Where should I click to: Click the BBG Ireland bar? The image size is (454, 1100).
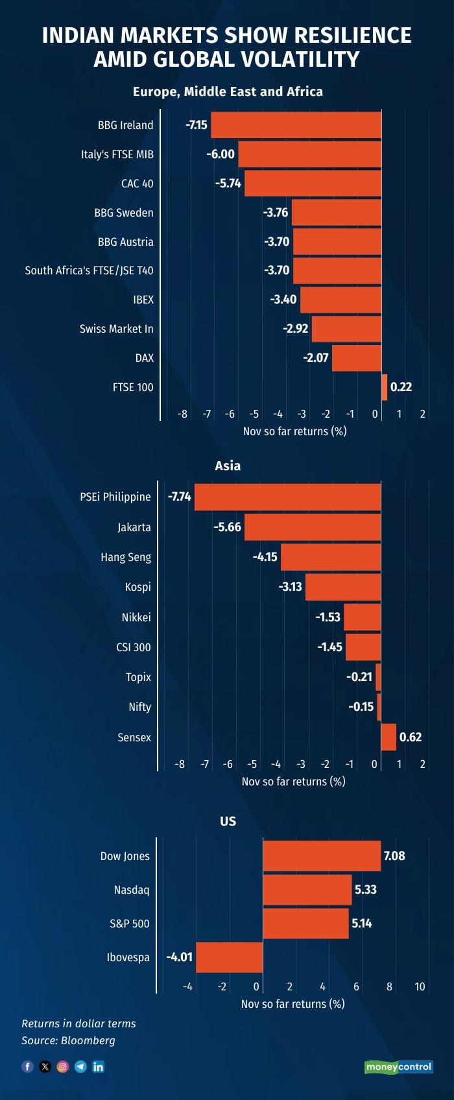[296, 125]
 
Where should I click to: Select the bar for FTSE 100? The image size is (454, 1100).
[385, 387]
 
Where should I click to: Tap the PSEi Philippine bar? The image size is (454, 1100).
[287, 497]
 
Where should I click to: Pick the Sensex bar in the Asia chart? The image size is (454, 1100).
[388, 737]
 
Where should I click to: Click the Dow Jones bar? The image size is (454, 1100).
[322, 856]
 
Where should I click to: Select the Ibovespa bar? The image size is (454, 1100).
[230, 957]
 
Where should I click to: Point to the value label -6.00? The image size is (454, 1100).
[221, 154]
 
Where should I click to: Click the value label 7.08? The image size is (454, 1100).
[394, 856]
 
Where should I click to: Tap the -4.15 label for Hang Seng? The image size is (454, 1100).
[265, 557]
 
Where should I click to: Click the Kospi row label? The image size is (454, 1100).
[137, 587]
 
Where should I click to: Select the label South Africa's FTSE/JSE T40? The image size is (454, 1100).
[89, 270]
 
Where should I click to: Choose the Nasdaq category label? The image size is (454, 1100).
[131, 890]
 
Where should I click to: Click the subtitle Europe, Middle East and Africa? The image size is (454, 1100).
[228, 91]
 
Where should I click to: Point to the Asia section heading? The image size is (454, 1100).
[228, 466]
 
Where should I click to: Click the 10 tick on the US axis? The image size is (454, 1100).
[420, 986]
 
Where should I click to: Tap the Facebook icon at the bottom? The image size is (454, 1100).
[27, 1066]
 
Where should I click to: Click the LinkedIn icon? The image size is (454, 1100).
[99, 1066]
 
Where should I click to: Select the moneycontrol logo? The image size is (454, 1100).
[398, 1067]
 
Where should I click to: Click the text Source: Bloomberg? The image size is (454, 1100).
[68, 1040]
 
